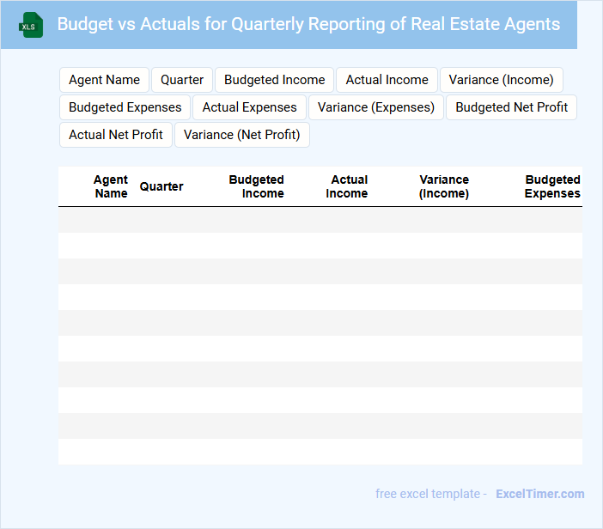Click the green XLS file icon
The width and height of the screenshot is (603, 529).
31,25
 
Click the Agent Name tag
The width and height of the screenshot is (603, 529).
104,80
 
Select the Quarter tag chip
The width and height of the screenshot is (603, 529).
182,80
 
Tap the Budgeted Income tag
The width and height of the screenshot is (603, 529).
274,80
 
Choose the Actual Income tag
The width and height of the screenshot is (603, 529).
387,80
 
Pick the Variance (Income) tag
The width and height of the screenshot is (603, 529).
501,80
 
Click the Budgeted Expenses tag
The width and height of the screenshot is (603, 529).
125,107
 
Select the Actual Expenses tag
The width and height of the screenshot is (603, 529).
249,107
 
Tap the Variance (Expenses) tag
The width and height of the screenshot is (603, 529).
376,107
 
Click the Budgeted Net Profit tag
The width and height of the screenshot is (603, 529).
511,107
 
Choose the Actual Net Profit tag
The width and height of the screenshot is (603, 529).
116,135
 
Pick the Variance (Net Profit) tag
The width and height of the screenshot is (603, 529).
241,135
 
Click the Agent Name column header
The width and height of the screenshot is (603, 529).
111,186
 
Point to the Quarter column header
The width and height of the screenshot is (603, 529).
161,186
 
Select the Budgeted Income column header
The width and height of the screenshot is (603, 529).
256,186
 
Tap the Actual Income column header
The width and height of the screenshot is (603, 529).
348,186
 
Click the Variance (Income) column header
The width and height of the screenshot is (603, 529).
444,186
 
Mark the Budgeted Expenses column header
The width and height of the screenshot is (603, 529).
552,186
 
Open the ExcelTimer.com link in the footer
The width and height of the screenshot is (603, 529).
539,494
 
